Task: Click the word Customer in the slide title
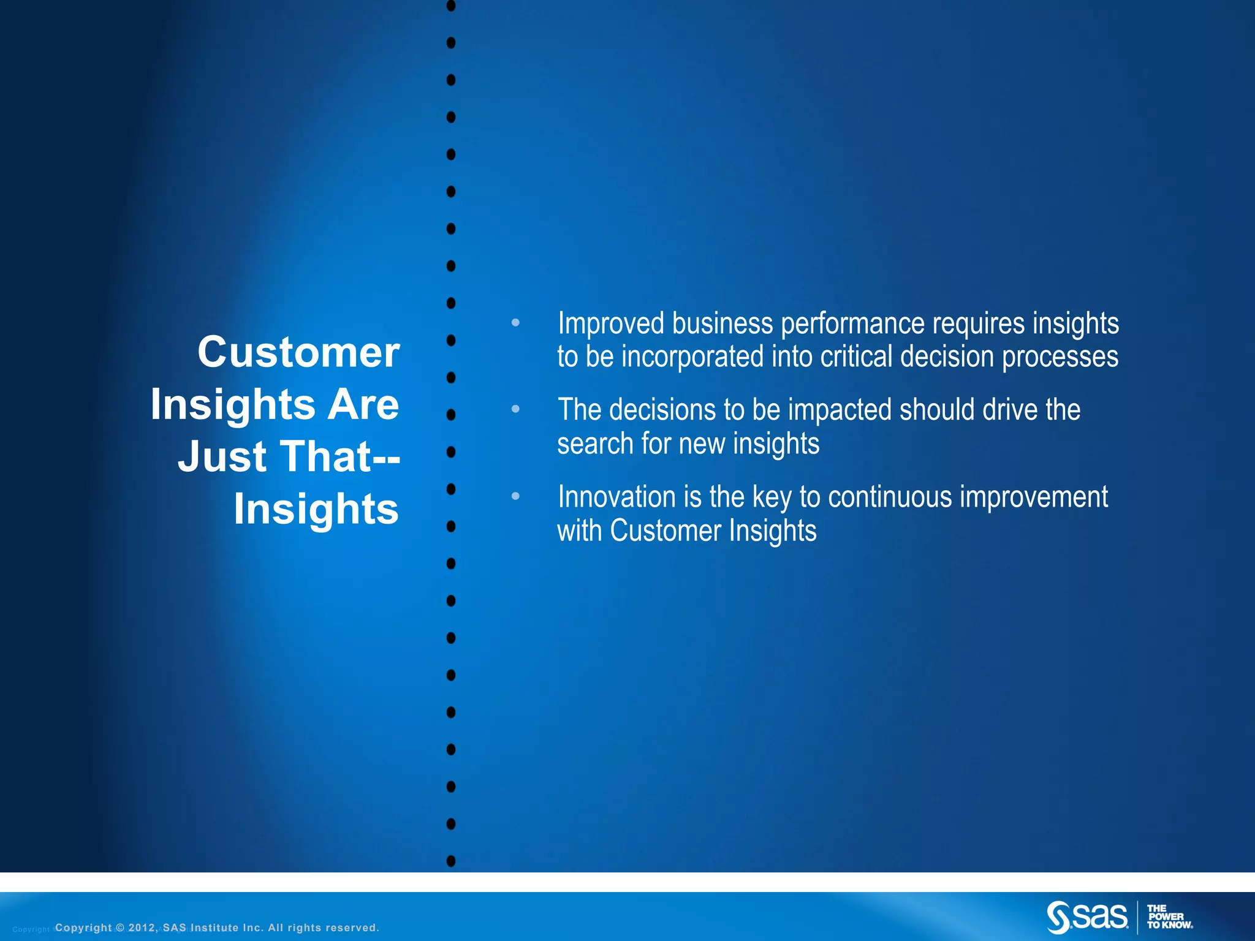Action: click(298, 353)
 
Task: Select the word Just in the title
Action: click(223, 457)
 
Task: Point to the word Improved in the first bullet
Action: click(610, 323)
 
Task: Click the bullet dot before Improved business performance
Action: click(515, 322)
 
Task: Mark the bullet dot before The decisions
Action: click(515, 409)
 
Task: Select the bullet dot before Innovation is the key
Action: click(515, 496)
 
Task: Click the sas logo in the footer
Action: click(1087, 916)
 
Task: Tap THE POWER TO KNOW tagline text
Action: click(1169, 917)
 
